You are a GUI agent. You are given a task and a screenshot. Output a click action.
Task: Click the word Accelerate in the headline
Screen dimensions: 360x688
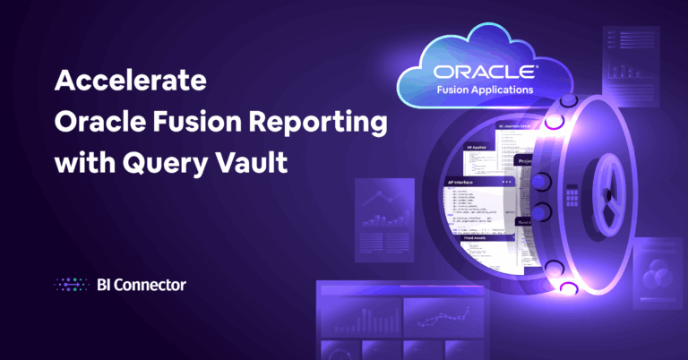coord(131,81)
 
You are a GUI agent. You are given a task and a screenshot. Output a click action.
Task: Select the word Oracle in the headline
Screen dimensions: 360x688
coord(99,122)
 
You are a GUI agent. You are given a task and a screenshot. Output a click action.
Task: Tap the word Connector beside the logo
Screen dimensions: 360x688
coord(150,286)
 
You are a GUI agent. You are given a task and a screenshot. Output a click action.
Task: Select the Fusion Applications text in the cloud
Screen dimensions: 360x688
coord(484,90)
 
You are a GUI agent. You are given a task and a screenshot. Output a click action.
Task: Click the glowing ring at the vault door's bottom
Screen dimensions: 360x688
coord(567,287)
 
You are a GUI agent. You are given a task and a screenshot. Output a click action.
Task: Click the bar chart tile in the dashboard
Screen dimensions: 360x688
coord(358,318)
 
